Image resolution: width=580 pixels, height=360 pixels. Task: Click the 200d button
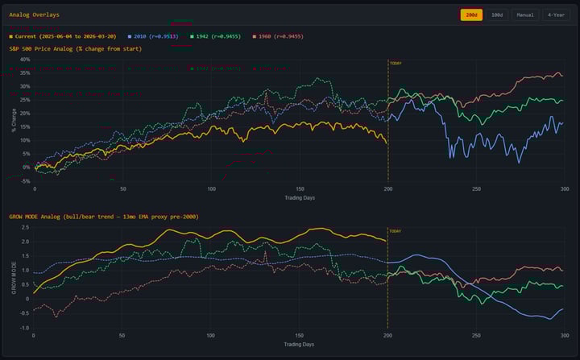(471, 14)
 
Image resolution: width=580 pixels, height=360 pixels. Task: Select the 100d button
(498, 14)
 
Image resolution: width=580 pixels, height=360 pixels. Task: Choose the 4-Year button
(556, 14)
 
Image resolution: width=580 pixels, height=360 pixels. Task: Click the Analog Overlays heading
(34, 14)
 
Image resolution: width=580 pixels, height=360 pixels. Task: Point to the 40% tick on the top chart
(24, 60)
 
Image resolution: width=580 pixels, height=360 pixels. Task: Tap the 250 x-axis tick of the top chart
(476, 190)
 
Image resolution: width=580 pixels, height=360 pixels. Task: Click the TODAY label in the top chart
(396, 63)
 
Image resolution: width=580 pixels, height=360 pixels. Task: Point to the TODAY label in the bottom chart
(396, 231)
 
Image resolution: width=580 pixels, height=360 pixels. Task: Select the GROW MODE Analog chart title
(104, 217)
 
